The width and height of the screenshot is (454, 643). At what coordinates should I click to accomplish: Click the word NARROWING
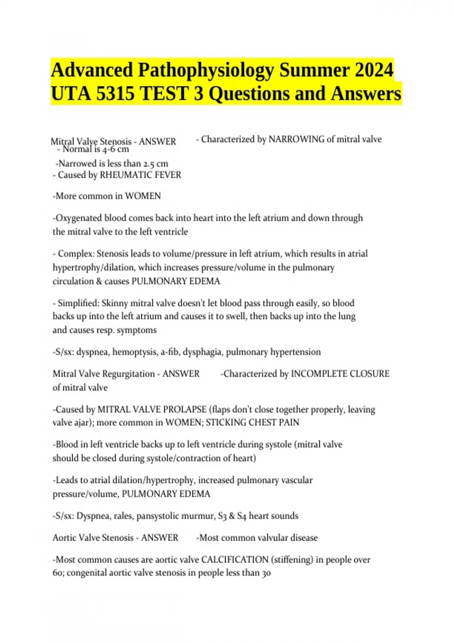coord(296,139)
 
